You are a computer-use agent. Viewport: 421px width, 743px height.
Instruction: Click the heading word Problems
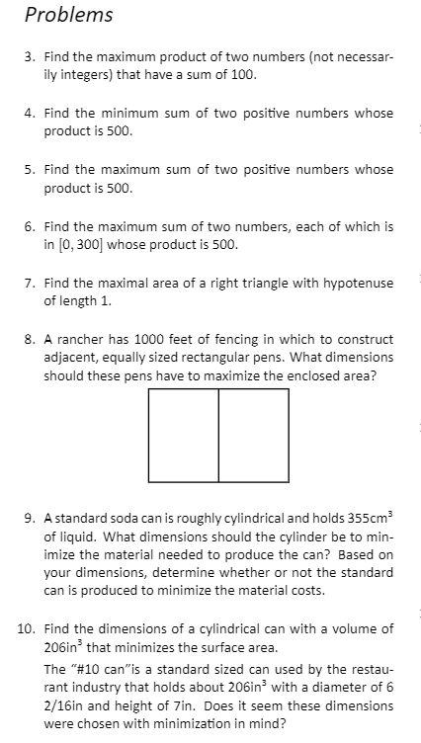coord(68,15)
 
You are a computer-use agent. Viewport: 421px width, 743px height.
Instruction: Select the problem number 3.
coord(30,58)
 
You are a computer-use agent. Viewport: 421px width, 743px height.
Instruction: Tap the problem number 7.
coord(30,284)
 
